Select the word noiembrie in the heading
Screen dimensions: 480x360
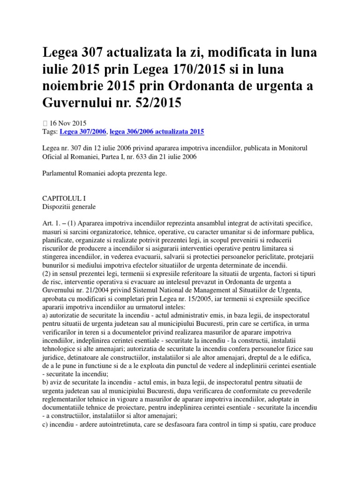point(75,86)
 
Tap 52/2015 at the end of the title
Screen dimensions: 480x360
point(159,103)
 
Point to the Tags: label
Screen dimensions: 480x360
point(50,132)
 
